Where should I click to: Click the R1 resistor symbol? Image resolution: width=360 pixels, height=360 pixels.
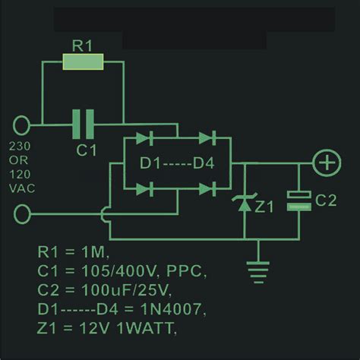83,62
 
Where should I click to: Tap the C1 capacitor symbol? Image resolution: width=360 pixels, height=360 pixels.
83,123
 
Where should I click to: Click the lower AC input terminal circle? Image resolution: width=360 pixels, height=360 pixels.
23,215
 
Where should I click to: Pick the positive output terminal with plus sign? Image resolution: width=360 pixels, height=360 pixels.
327,163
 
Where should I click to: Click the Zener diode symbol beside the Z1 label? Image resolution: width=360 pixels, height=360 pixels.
244,203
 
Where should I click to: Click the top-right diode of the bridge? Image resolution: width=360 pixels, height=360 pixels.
206,140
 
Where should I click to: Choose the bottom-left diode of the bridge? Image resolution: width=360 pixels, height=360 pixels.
148,187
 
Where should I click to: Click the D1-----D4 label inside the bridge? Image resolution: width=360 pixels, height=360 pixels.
176,163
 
